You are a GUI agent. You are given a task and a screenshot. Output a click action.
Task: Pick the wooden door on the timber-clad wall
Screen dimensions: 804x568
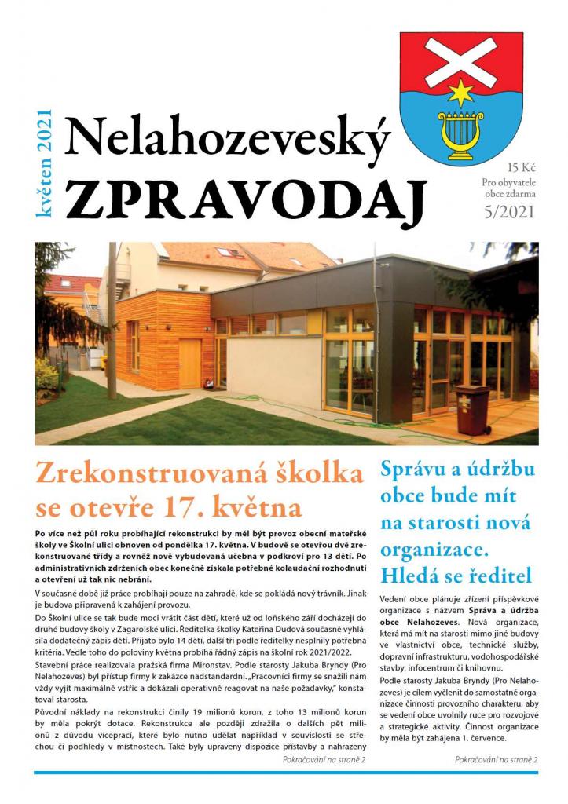click(x=189, y=363)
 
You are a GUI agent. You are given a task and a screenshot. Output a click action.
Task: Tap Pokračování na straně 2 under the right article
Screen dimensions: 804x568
click(x=495, y=760)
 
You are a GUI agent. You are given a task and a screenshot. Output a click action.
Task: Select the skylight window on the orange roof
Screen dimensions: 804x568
click(x=229, y=252)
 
